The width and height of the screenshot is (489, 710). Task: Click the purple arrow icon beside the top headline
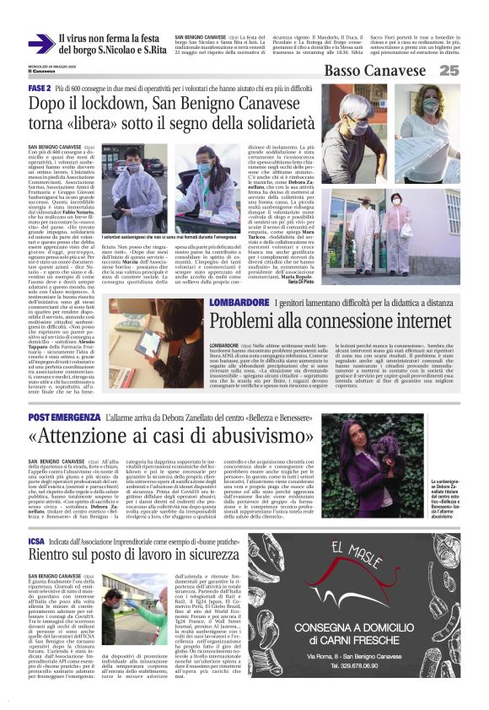[40, 44]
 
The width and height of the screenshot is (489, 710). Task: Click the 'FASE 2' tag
[40, 89]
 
